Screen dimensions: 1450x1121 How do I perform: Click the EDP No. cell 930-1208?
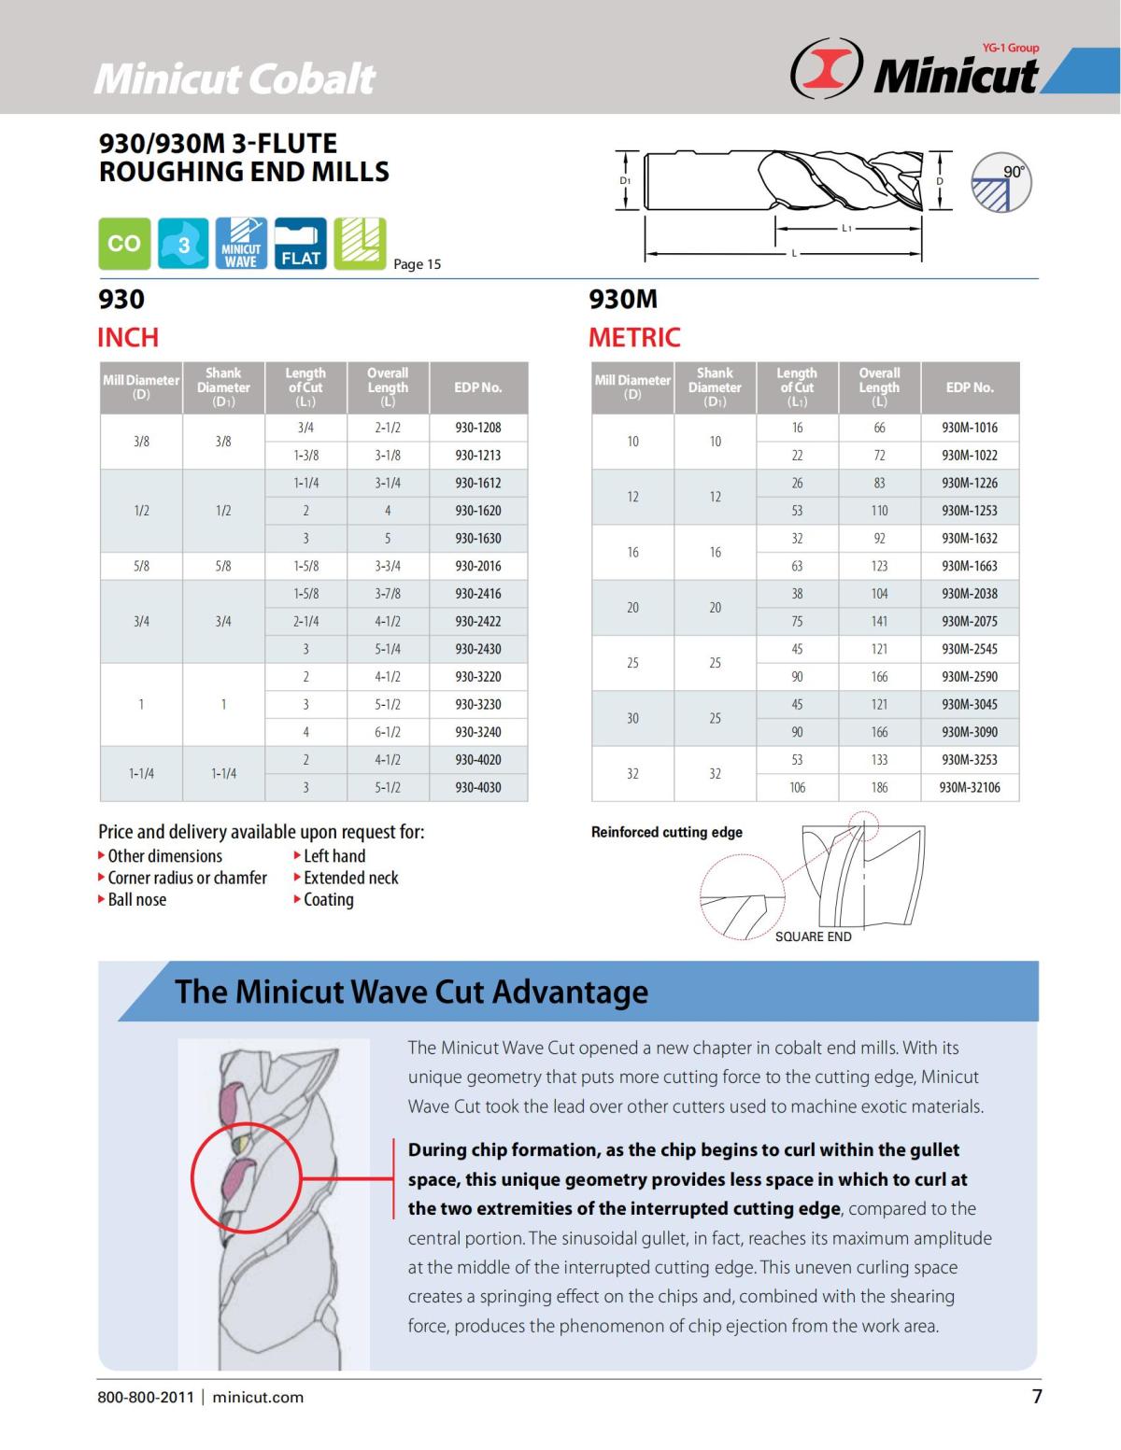(477, 428)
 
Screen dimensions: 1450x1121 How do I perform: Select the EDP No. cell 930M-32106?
(970, 787)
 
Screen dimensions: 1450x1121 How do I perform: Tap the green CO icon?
(124, 244)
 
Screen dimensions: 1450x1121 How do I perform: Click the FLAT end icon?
(300, 244)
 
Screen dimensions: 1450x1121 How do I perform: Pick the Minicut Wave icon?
(241, 244)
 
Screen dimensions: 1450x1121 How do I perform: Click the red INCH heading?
(128, 337)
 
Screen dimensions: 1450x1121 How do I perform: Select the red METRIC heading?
(634, 337)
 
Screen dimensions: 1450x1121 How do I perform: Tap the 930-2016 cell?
(477, 566)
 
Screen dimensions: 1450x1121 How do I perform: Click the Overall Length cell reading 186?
(879, 787)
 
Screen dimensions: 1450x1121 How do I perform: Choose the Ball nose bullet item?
(136, 900)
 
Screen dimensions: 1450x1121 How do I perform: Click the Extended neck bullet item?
(350, 878)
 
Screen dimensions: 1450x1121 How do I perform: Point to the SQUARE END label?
(813, 936)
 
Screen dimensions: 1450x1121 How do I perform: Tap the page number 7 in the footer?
(1036, 1397)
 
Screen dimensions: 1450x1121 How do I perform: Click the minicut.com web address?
(258, 1398)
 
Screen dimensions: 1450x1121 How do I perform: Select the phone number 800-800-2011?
(146, 1398)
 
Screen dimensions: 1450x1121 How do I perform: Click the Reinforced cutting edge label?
(666, 832)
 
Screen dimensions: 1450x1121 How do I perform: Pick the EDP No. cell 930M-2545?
(970, 649)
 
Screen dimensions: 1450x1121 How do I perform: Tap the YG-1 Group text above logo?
(1011, 48)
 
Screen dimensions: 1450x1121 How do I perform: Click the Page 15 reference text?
(417, 264)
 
